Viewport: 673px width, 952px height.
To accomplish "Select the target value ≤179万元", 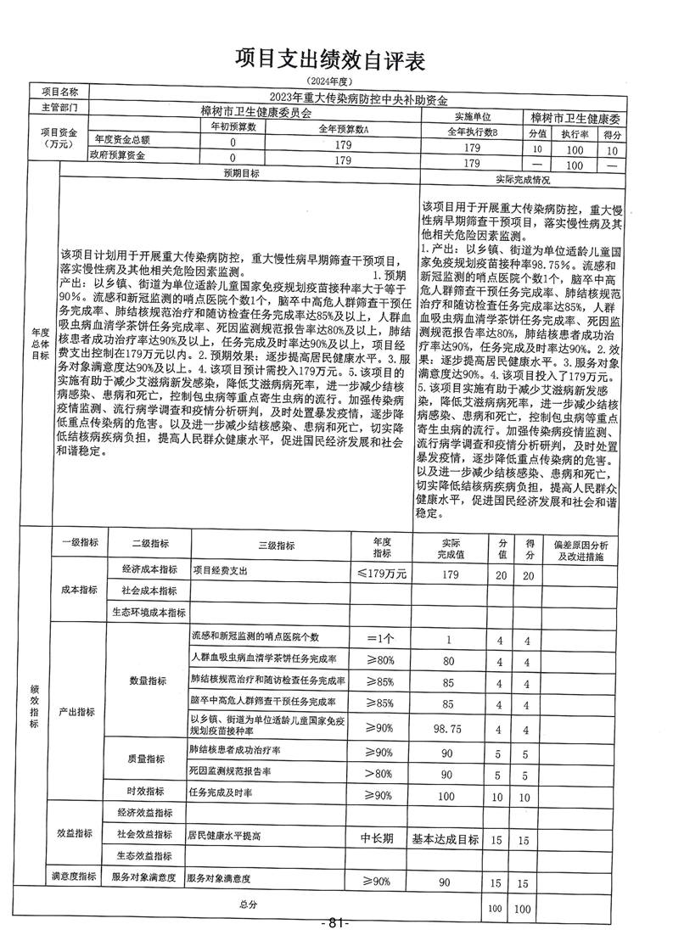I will tap(383, 574).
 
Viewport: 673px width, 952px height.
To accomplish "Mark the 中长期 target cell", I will tap(377, 838).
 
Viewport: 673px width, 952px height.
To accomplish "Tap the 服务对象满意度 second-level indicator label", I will tap(143, 878).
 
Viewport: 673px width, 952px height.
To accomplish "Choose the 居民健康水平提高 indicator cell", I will tap(224, 836).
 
